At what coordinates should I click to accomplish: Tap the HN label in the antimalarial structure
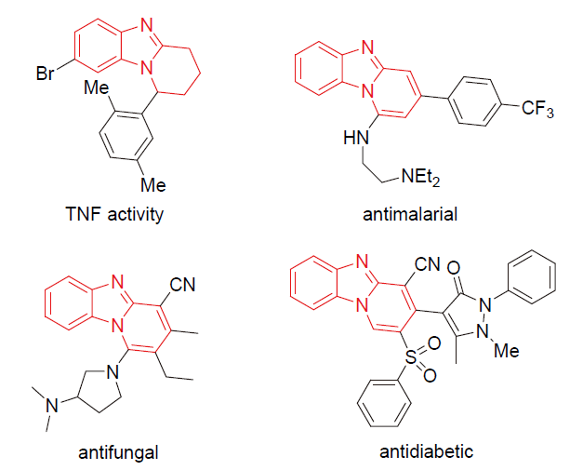pyautogui.click(x=354, y=139)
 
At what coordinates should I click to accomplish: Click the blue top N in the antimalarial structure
pyautogui.click(x=367, y=44)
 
